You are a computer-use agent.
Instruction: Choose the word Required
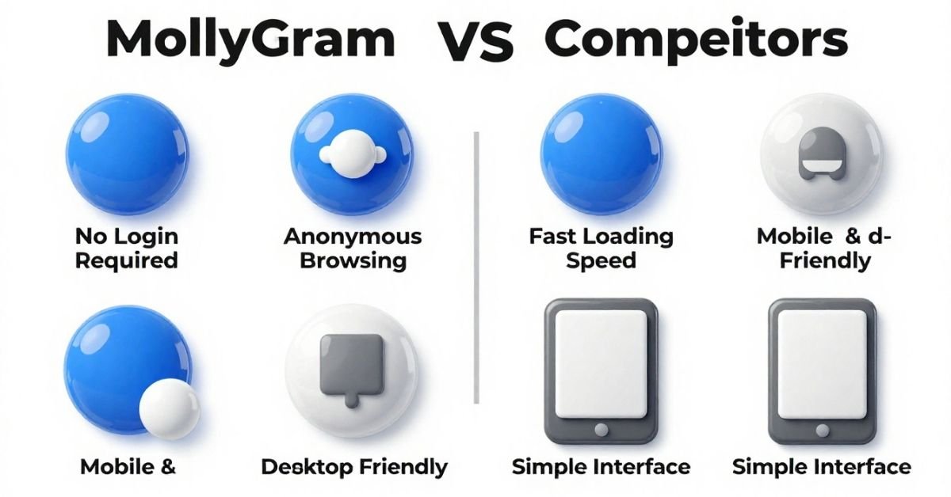tap(127, 261)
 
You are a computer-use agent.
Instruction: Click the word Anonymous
tap(353, 236)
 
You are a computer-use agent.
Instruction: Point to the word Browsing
tap(353, 261)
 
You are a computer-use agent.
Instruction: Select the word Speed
tap(601, 261)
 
